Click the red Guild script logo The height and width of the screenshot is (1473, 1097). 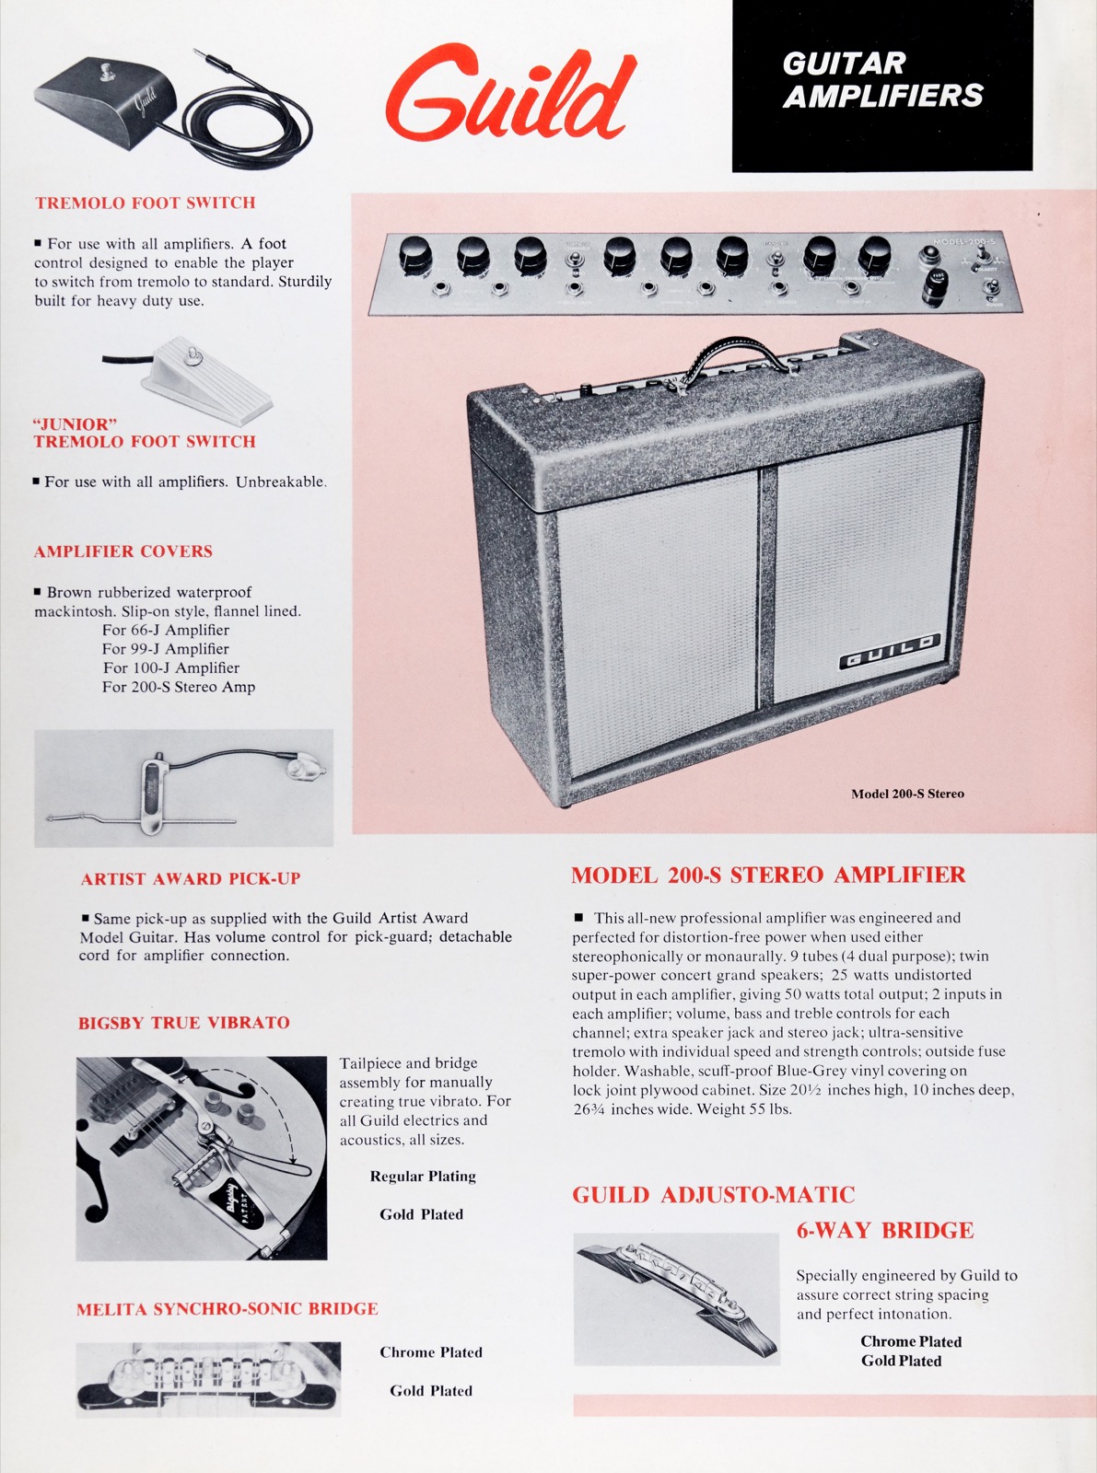click(x=510, y=91)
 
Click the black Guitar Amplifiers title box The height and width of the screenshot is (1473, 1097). click(x=882, y=86)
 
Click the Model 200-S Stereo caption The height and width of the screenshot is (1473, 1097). click(x=907, y=794)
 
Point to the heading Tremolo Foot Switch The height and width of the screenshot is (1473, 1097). click(x=145, y=203)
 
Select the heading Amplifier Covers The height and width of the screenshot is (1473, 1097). click(x=123, y=551)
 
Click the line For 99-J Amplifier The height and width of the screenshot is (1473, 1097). click(x=166, y=649)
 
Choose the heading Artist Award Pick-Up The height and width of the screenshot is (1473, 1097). click(x=191, y=878)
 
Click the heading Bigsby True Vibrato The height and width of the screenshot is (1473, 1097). click(x=184, y=1023)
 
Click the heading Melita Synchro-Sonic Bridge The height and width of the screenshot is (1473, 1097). click(x=228, y=1309)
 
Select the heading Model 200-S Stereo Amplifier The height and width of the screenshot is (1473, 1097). click(x=768, y=876)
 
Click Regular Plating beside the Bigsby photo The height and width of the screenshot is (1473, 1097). click(x=423, y=1177)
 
